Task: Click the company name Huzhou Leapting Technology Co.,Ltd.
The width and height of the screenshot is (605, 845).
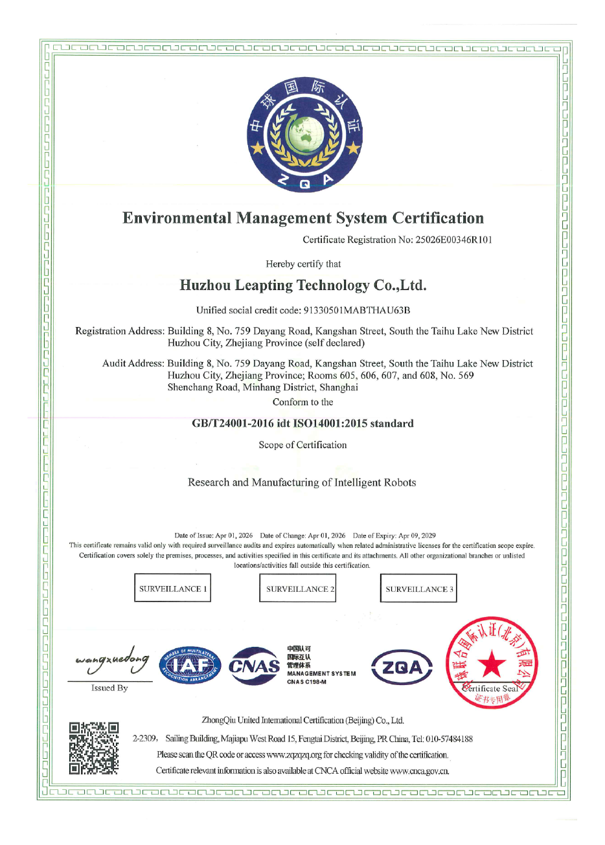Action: point(303,286)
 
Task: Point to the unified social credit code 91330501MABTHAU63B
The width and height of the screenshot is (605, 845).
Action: point(357,310)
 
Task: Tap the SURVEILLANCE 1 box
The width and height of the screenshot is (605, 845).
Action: point(172,588)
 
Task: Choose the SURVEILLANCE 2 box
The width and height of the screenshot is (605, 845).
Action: point(298,589)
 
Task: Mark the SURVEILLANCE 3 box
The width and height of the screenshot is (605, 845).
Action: point(418,589)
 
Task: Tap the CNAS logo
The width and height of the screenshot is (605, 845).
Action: point(254,666)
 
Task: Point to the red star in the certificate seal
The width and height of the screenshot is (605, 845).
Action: point(492,664)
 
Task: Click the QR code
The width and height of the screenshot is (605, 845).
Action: point(94,748)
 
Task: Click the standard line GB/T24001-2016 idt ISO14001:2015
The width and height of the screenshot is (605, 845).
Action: point(302,423)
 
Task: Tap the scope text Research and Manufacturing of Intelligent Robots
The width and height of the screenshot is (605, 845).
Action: point(302,482)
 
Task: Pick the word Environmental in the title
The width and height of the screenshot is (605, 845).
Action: point(176,218)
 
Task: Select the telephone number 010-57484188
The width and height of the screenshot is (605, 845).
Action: point(450,739)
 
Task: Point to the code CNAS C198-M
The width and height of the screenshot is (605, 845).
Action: point(307,681)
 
